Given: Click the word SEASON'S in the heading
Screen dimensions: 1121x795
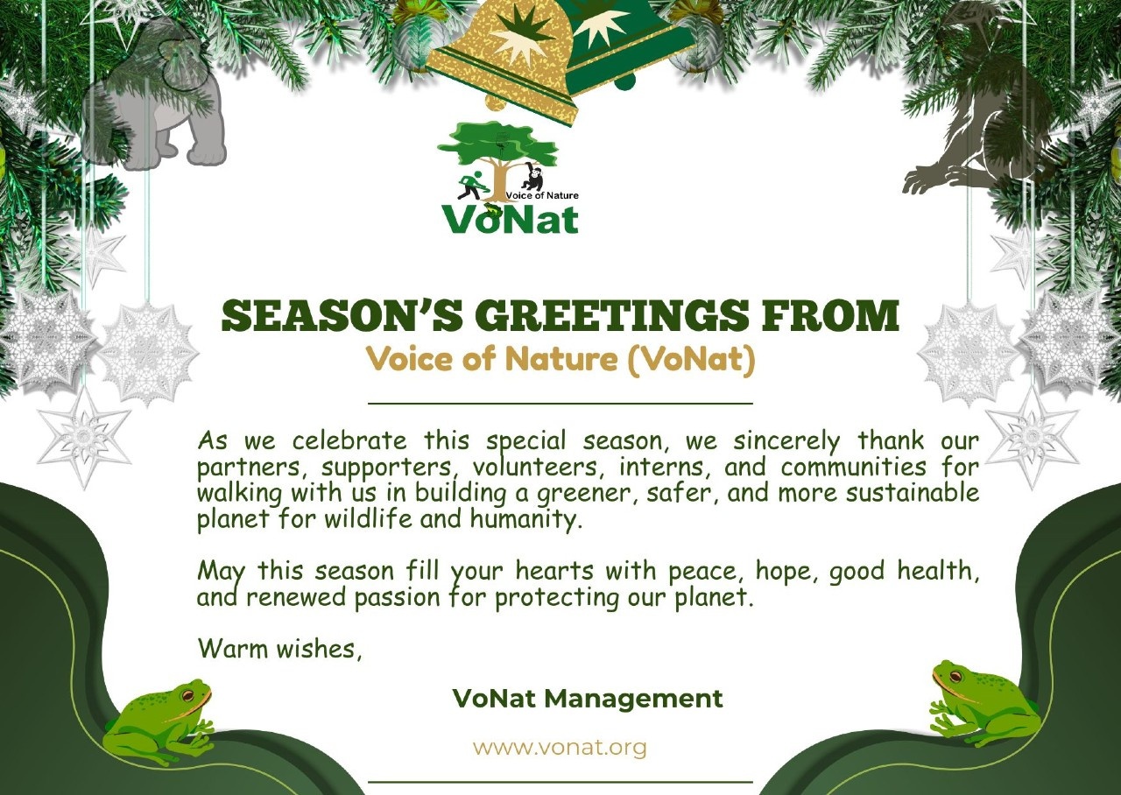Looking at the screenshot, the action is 342,316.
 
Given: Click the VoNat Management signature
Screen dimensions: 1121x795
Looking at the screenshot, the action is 588,699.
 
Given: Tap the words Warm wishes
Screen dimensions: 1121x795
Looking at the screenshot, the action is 278,649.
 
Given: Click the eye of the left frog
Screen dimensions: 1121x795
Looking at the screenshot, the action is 188,695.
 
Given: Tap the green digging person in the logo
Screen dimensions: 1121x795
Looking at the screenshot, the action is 470,185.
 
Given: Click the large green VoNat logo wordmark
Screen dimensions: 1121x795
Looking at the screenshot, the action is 510,219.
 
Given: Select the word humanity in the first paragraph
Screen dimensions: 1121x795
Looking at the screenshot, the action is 525,519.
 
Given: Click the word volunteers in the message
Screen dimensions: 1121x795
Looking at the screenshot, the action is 534,468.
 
